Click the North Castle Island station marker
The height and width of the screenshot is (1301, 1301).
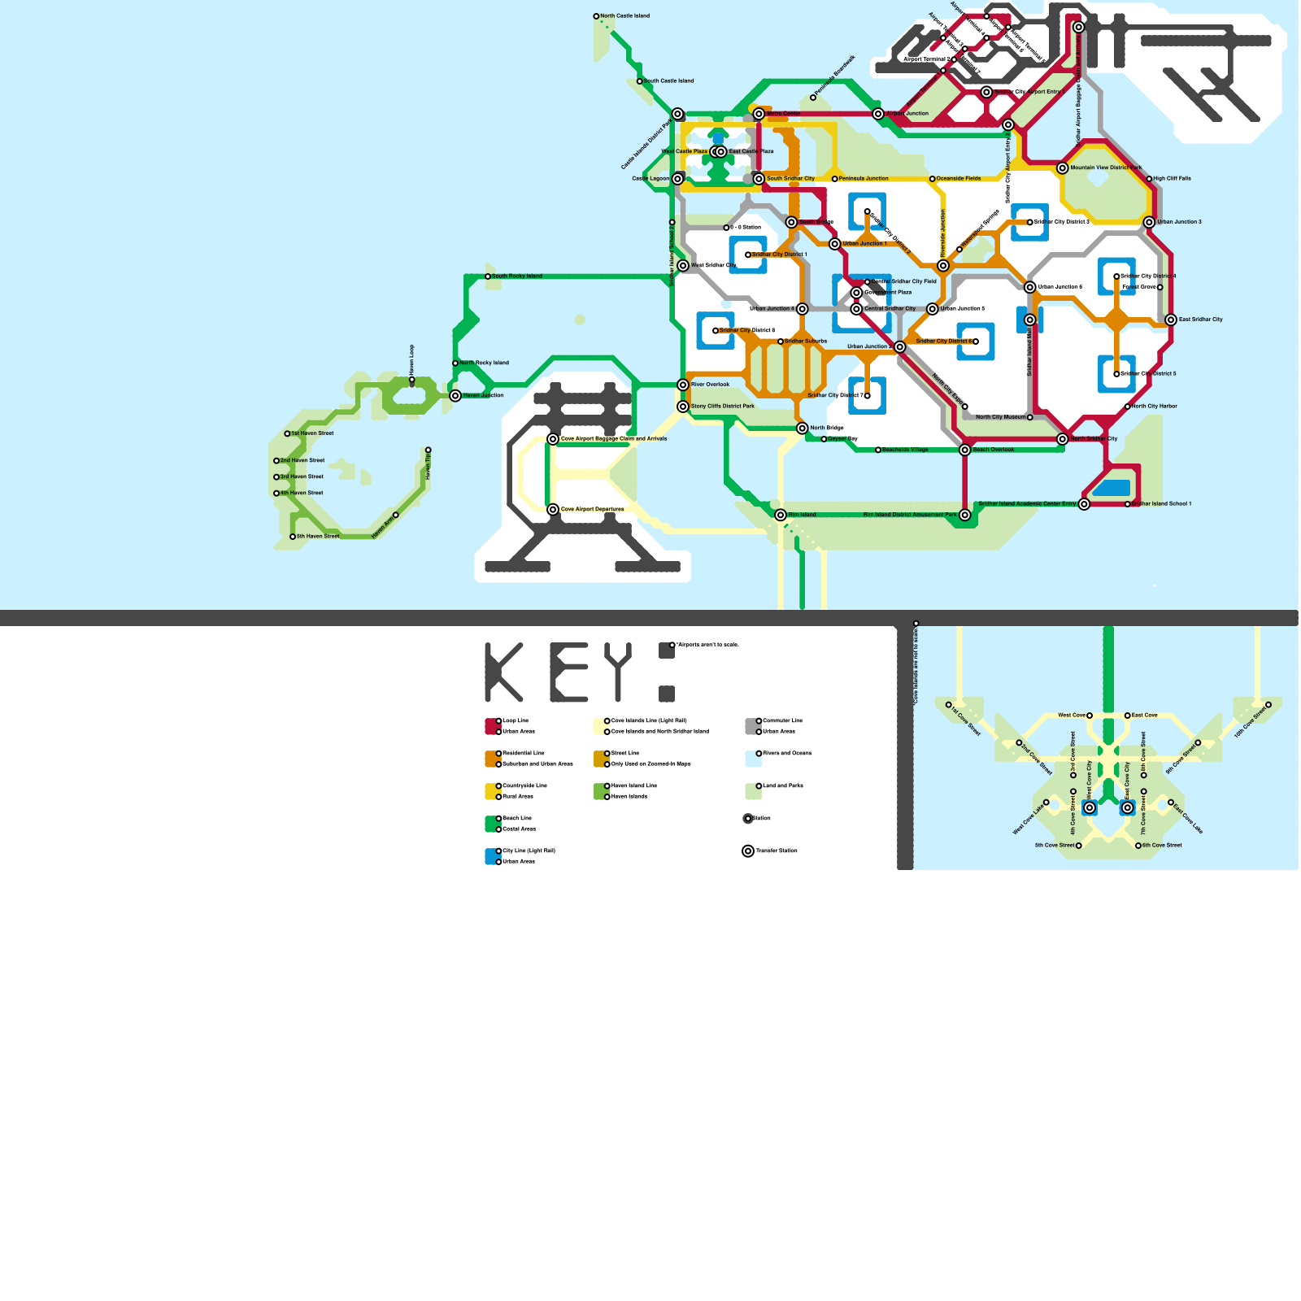pos(596,16)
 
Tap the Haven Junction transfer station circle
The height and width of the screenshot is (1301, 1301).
pos(455,396)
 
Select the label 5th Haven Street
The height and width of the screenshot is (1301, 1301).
pos(318,537)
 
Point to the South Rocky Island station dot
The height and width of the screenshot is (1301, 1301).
pos(488,276)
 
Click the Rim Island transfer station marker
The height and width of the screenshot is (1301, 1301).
pos(781,515)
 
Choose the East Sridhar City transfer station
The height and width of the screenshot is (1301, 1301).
pos(1171,320)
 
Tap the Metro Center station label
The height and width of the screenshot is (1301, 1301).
pos(783,114)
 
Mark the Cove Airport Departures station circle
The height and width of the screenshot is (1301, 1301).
pos(553,510)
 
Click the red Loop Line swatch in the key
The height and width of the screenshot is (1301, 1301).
pos(491,726)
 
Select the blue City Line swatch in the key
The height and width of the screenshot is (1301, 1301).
pos(491,856)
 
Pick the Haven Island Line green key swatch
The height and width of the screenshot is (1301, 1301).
pos(600,791)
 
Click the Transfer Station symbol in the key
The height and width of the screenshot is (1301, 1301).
pos(748,851)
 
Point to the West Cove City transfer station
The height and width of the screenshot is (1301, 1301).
pos(1090,807)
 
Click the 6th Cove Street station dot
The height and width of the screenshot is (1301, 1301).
pos(1138,846)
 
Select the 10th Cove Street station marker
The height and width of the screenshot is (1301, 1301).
pos(1268,705)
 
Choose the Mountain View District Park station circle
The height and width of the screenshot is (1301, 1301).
pos(1063,168)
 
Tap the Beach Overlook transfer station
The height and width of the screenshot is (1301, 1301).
pos(965,450)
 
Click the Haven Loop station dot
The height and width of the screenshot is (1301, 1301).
pos(412,380)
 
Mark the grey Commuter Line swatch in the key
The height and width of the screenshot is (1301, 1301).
pos(751,726)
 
